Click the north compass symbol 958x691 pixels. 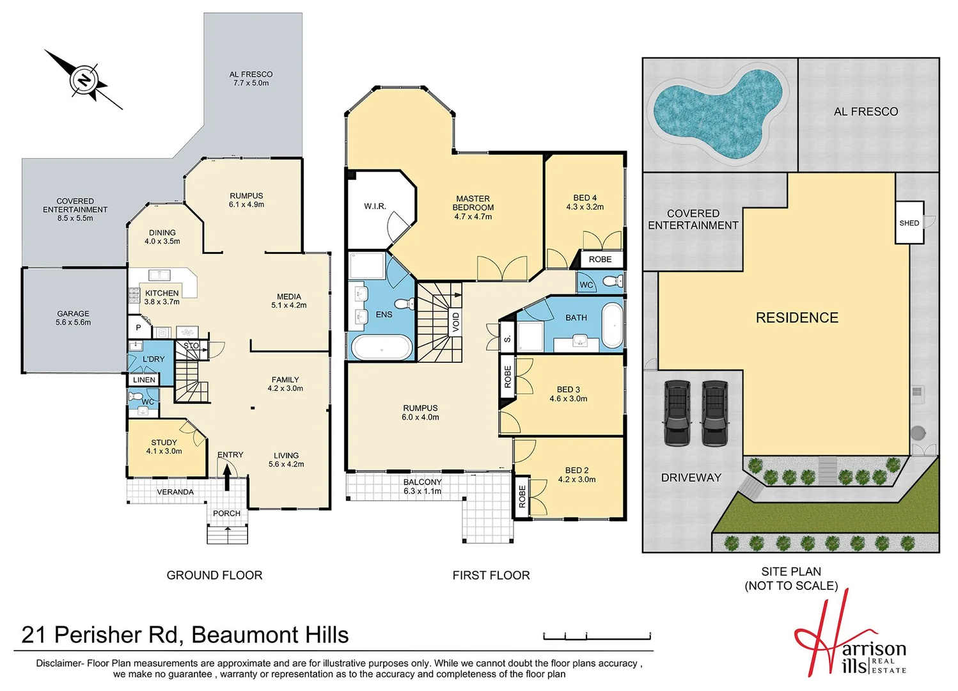(x=83, y=80)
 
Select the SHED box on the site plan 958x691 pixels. (x=909, y=223)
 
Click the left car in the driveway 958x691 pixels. (x=677, y=413)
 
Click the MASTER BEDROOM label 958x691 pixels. (x=473, y=207)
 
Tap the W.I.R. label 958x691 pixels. (x=375, y=206)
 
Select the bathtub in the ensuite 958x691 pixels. (x=382, y=347)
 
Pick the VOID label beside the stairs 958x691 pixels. (x=455, y=321)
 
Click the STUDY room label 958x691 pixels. (x=164, y=447)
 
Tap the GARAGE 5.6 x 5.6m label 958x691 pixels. (x=73, y=318)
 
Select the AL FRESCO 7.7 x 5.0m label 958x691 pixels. (x=251, y=79)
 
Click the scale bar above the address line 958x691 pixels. (x=597, y=636)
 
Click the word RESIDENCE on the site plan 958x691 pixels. (x=797, y=318)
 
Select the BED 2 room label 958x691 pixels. (x=576, y=475)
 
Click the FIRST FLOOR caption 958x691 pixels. (x=491, y=575)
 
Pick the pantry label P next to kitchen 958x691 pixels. (x=138, y=328)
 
